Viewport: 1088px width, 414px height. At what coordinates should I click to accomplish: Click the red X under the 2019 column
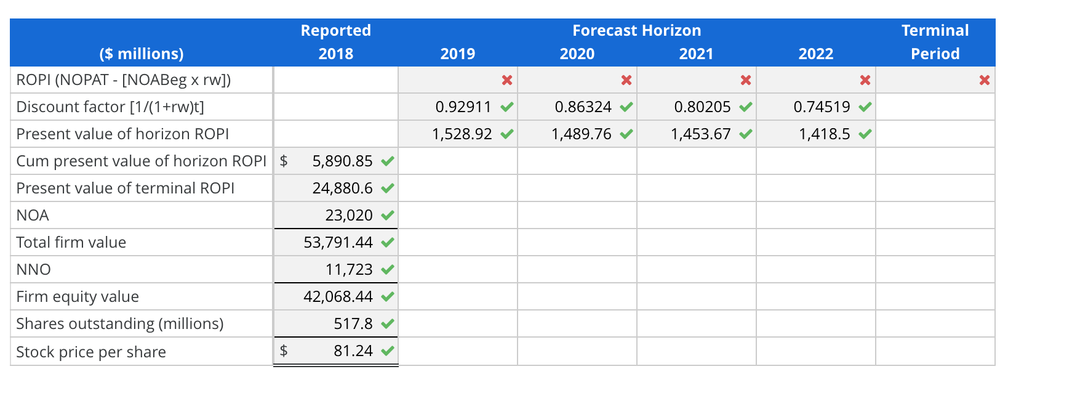(x=507, y=80)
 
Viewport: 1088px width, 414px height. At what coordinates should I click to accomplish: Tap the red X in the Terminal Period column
(x=985, y=80)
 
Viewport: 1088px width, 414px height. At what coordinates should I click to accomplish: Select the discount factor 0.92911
(x=463, y=107)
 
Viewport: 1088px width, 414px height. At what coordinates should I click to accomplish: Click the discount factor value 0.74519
(x=822, y=107)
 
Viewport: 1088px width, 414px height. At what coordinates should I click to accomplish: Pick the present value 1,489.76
(x=582, y=134)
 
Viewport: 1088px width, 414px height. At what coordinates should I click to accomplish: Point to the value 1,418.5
(x=824, y=134)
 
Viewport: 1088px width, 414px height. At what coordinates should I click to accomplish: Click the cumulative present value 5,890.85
(x=342, y=161)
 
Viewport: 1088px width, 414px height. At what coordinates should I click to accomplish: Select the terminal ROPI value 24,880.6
(x=342, y=189)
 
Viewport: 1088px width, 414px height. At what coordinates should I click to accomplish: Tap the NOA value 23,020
(x=349, y=216)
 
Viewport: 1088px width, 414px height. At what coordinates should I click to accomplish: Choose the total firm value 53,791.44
(x=338, y=243)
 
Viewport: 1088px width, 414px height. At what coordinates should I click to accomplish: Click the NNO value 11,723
(x=349, y=270)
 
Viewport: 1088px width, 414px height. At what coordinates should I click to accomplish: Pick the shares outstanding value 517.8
(x=353, y=324)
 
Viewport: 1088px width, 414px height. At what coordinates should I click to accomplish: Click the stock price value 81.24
(x=353, y=351)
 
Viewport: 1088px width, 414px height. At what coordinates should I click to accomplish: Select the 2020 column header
(x=577, y=54)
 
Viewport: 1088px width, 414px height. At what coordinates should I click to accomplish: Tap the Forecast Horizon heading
(x=636, y=31)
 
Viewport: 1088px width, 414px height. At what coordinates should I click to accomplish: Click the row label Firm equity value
(x=78, y=297)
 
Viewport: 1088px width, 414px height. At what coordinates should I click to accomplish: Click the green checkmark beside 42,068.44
(x=387, y=297)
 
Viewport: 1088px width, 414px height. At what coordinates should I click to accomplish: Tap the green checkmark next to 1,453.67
(x=746, y=134)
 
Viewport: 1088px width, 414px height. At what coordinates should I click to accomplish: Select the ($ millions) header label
(x=142, y=54)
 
